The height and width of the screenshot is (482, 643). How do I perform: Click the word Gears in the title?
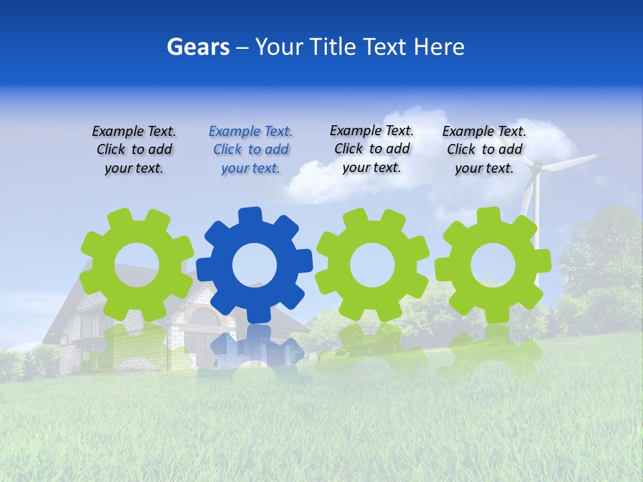[198, 47]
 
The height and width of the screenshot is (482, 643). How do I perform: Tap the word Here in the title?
[439, 47]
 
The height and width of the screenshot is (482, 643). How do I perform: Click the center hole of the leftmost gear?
[137, 264]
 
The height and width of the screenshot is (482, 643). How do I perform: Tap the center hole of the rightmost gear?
[493, 265]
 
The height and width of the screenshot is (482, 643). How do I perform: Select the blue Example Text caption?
[251, 149]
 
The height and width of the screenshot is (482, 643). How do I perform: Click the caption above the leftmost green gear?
[134, 149]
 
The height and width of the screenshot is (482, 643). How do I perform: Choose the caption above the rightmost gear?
[484, 149]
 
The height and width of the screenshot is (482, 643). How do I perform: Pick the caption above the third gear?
[372, 149]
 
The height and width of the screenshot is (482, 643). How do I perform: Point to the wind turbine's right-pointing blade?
[576, 158]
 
